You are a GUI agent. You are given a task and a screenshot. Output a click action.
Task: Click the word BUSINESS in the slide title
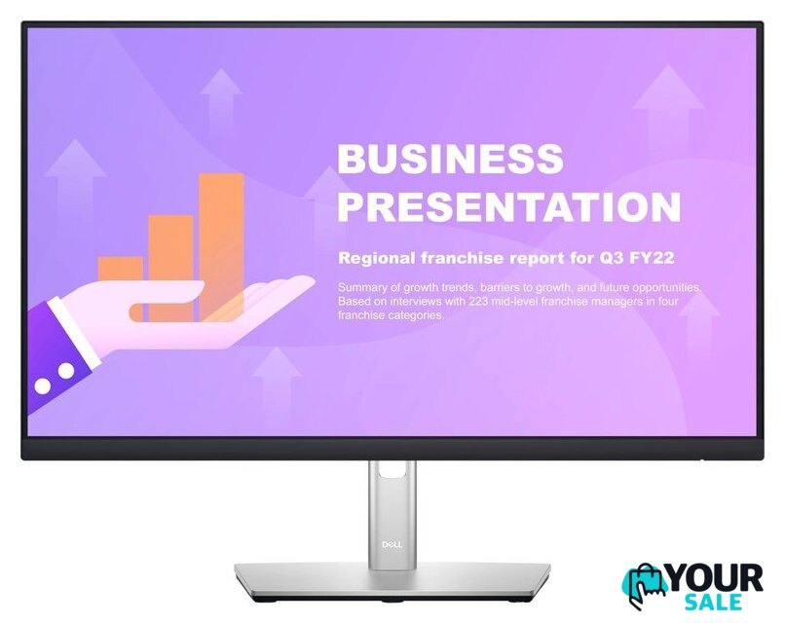(451, 158)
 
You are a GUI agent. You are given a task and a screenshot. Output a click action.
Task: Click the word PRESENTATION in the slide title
(509, 206)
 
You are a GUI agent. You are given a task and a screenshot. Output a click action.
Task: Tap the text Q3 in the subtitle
(611, 258)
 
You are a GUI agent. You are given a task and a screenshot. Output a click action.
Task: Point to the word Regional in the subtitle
(377, 259)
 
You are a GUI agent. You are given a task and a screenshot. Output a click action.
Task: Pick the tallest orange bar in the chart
(221, 246)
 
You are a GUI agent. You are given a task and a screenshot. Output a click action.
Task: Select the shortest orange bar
(120, 271)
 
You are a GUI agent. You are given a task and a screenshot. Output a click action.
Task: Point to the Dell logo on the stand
(392, 544)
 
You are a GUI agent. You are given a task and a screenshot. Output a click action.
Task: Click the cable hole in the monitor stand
(392, 469)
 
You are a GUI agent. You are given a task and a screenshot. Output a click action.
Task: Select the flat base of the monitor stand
(392, 580)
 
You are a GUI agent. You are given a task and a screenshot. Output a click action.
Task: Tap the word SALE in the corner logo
(713, 603)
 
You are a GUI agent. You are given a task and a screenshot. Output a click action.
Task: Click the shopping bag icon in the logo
(646, 585)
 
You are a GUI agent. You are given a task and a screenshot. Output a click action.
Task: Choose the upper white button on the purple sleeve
(66, 371)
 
